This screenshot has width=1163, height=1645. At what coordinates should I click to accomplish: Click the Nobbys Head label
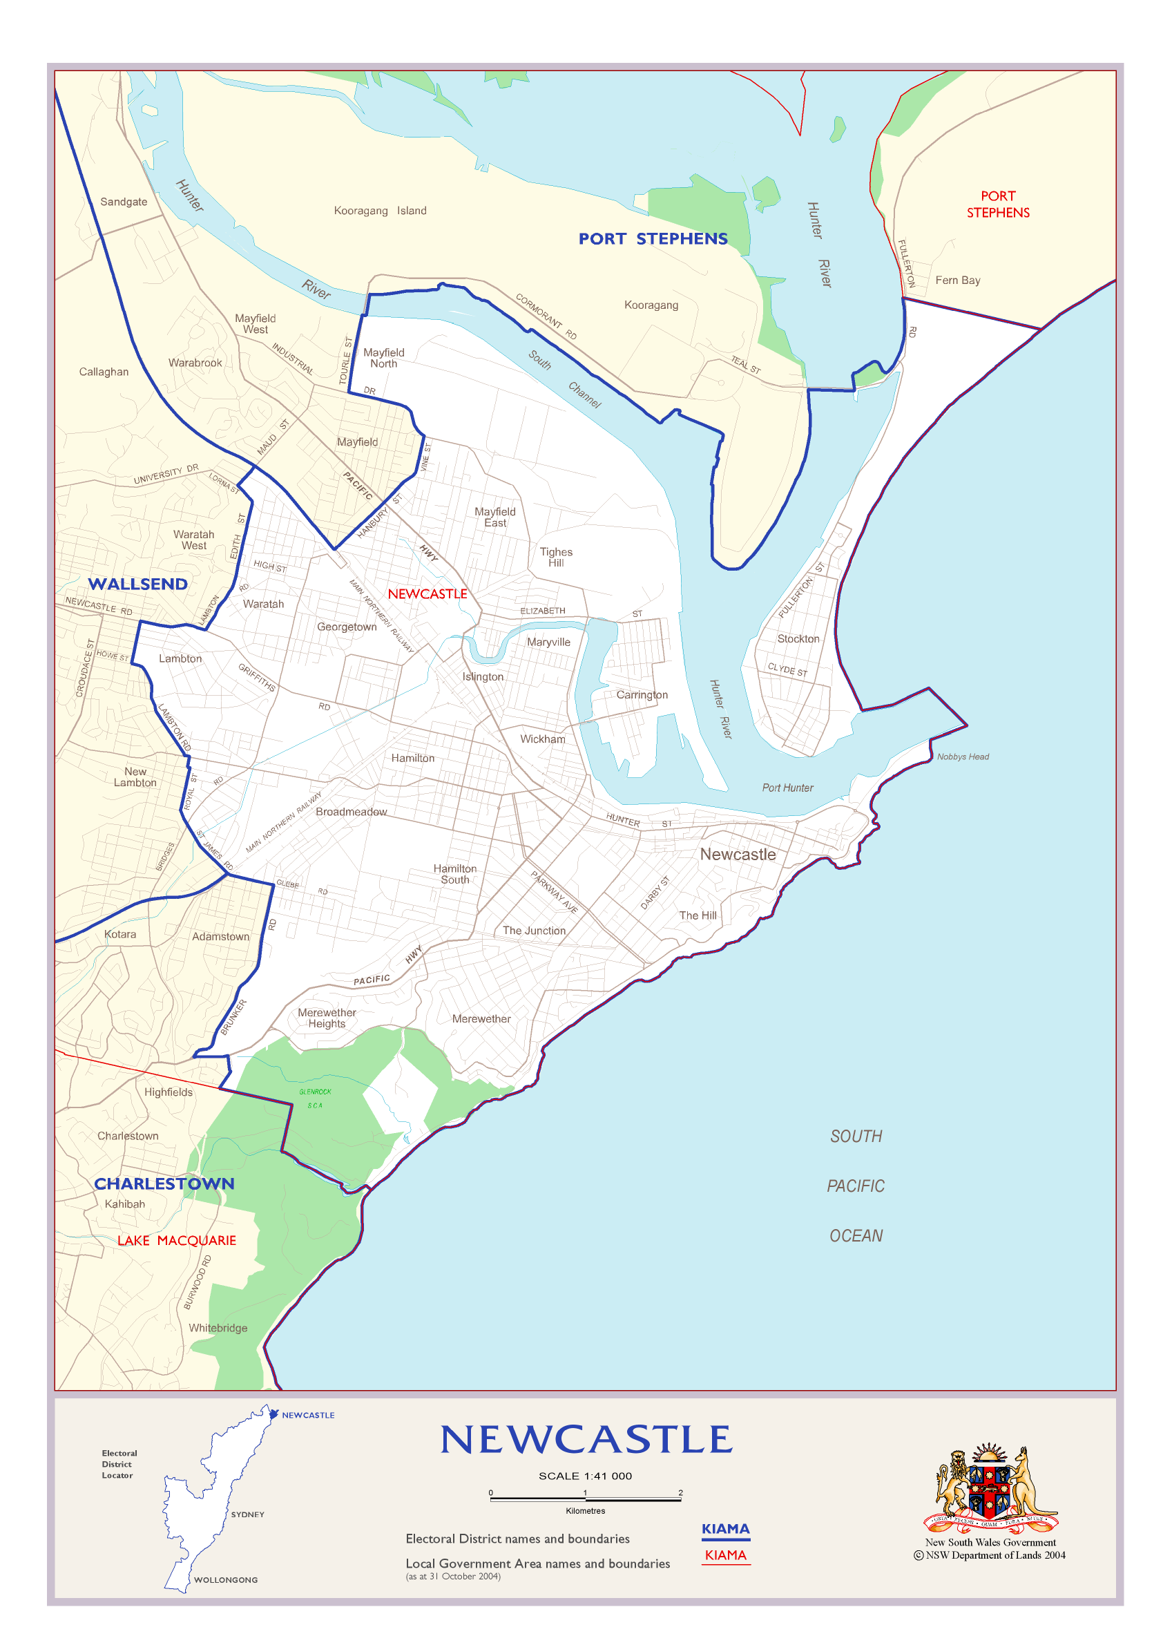963,757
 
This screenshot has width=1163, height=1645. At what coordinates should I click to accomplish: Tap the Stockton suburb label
798,638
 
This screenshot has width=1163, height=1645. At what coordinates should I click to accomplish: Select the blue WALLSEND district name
137,584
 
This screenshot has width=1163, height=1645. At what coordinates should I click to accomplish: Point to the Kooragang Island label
380,211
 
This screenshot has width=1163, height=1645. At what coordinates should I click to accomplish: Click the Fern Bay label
957,280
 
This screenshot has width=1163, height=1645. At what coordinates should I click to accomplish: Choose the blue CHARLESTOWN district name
164,1183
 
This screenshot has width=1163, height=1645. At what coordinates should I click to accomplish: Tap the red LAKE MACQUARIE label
176,1240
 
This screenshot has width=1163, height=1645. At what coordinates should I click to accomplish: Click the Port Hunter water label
787,788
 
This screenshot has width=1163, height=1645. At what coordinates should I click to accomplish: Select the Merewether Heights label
327,1018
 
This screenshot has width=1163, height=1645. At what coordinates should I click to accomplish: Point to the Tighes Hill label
556,557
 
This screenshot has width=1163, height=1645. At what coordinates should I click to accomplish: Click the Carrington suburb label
642,694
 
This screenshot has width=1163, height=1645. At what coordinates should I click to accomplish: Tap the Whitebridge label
218,1328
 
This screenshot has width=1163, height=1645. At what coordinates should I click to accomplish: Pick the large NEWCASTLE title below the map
586,1440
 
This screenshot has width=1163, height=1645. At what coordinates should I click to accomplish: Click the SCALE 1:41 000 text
585,1476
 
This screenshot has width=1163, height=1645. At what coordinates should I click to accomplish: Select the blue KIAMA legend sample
725,1529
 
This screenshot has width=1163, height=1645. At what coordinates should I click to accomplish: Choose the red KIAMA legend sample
725,1555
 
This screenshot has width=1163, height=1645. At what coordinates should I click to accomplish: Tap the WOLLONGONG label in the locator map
226,1580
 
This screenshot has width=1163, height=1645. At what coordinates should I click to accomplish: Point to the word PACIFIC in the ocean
856,1186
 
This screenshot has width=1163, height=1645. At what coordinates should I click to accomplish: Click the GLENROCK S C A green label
315,1099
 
